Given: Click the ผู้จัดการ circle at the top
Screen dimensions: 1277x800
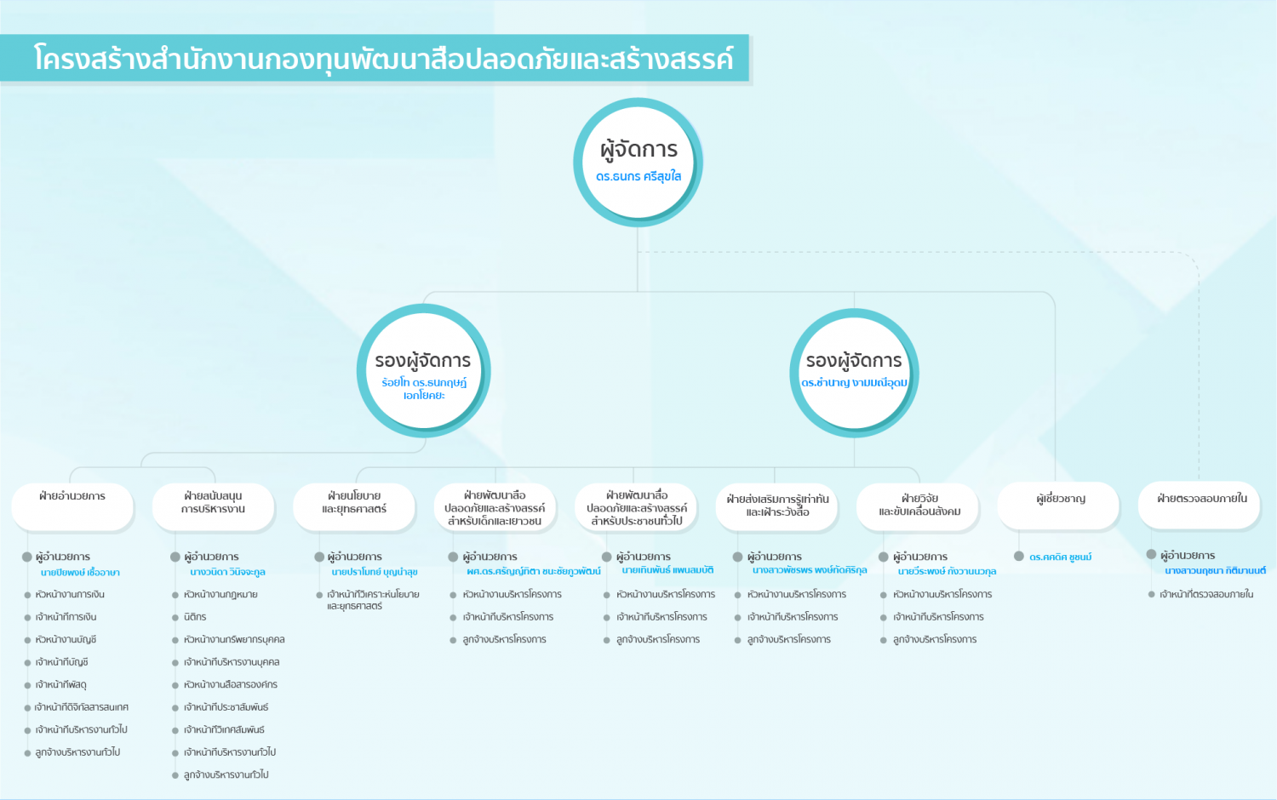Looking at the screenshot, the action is click(x=638, y=163).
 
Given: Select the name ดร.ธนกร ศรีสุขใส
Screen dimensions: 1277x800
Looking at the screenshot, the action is click(x=638, y=177).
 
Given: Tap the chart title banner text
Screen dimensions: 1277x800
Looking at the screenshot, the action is click(x=383, y=59).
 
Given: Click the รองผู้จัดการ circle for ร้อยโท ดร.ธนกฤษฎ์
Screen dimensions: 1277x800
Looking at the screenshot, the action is click(x=424, y=370).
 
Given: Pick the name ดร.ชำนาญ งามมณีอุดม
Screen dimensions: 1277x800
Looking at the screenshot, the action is click(x=854, y=382).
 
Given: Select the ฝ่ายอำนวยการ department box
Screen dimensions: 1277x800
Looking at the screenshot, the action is click(x=72, y=506).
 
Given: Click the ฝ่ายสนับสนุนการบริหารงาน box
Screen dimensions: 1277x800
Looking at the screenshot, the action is click(x=213, y=506).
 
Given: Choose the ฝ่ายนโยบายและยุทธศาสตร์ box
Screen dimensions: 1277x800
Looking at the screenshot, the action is click(x=354, y=506).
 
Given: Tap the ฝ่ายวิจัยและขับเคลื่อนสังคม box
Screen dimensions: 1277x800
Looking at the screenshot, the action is click(x=917, y=506).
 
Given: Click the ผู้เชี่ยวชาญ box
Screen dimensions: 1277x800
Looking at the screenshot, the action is click(x=1058, y=506).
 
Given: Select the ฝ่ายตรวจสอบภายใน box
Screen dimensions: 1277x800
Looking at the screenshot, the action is click(x=1199, y=506).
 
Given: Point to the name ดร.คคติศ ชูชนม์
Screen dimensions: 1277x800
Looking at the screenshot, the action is click(x=1061, y=557).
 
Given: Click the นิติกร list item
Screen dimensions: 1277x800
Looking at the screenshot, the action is click(x=195, y=616).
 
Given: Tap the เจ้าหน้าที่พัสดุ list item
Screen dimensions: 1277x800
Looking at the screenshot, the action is click(x=61, y=684).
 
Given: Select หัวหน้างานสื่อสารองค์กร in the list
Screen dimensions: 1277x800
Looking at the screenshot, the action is click(x=231, y=684).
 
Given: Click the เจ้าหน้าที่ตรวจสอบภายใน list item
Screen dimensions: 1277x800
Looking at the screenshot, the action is click(x=1206, y=594).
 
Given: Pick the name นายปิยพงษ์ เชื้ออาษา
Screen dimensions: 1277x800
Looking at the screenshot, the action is click(x=80, y=572).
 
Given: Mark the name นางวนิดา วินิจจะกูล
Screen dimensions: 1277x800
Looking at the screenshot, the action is click(x=227, y=572).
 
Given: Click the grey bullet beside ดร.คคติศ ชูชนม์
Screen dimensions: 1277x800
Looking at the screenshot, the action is click(x=1019, y=556).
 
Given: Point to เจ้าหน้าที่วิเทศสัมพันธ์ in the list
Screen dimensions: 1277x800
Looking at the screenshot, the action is click(x=224, y=729).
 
